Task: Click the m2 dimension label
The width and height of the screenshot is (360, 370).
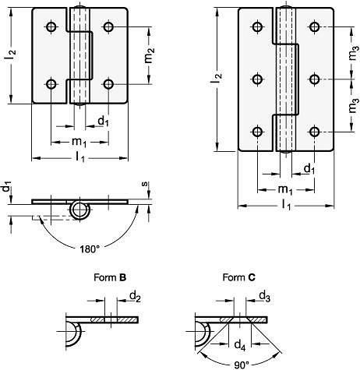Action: click(x=150, y=55)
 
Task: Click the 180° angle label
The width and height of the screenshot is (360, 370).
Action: click(x=90, y=249)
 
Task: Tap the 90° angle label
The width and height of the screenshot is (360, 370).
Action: click(x=242, y=365)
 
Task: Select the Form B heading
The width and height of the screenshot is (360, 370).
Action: click(x=110, y=277)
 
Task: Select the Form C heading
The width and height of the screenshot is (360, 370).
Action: click(x=239, y=277)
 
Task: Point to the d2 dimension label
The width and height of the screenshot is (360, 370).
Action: click(x=135, y=297)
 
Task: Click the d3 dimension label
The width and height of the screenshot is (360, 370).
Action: click(x=264, y=297)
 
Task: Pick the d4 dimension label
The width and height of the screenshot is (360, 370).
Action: click(x=240, y=346)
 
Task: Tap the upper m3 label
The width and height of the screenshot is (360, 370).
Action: click(x=354, y=53)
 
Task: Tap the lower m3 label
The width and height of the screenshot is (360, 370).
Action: click(x=354, y=105)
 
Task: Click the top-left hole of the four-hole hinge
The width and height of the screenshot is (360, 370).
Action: click(x=51, y=26)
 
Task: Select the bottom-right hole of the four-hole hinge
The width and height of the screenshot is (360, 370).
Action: click(x=108, y=84)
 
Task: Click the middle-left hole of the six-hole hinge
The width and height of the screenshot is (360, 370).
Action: click(x=257, y=79)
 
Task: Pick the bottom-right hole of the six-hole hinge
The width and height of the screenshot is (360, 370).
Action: click(x=314, y=132)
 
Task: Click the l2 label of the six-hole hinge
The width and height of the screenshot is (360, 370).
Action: click(x=217, y=79)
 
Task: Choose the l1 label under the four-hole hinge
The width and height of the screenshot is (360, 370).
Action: click(x=80, y=157)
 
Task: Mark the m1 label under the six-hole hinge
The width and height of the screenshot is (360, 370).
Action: click(x=285, y=190)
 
